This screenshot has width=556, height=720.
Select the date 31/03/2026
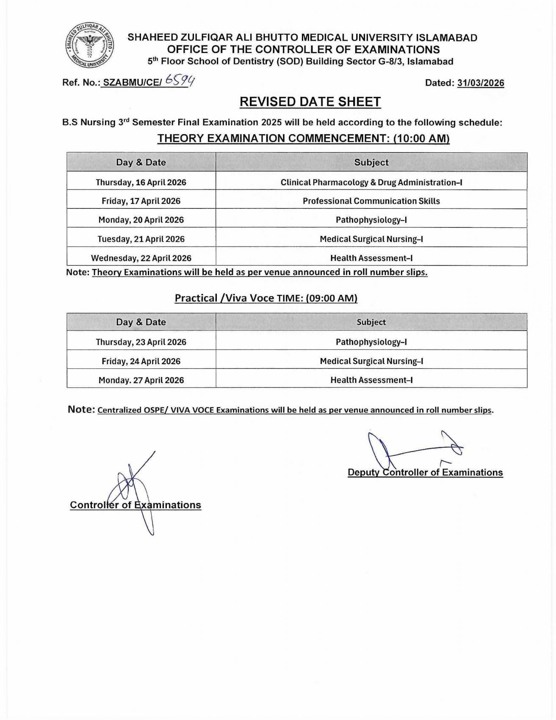pyautogui.click(x=481, y=83)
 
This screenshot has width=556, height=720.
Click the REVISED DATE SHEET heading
pyautogui.click(x=310, y=102)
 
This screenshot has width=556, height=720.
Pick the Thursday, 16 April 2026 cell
pyautogui.click(x=141, y=183)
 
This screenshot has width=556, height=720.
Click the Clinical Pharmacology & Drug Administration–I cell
pyautogui.click(x=371, y=183)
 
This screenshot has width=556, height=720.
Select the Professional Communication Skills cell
pyautogui.click(x=371, y=201)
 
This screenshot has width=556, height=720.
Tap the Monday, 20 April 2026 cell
pyautogui.click(x=141, y=220)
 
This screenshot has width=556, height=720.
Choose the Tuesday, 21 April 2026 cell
pyautogui.click(x=141, y=239)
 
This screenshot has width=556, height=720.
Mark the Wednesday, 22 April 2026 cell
pyautogui.click(x=141, y=258)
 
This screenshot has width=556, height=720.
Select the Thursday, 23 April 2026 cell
pyautogui.click(x=141, y=342)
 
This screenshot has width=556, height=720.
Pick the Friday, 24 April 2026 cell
pyautogui.click(x=141, y=361)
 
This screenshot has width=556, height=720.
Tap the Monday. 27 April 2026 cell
pyautogui.click(x=141, y=380)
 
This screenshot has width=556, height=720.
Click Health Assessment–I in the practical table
pyautogui.click(x=371, y=380)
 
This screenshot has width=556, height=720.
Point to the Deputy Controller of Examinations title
pyautogui.click(x=425, y=473)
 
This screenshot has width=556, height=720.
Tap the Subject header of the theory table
pyautogui.click(x=371, y=162)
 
